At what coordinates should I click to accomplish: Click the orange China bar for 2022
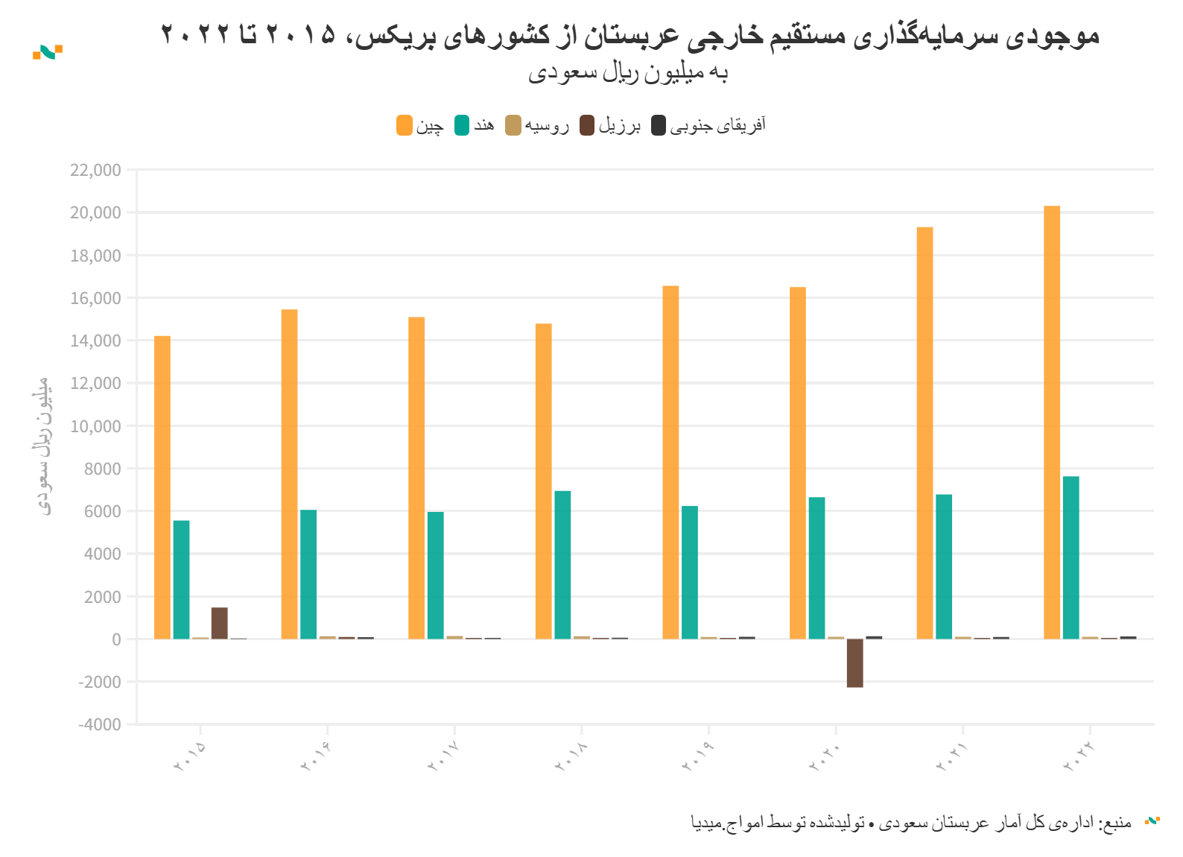tap(1052, 422)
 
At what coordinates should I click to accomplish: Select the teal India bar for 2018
tap(562, 565)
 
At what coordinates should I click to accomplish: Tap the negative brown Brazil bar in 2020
tap(854, 662)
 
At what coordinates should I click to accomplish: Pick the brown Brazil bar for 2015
tap(219, 623)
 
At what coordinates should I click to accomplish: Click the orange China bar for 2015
tap(162, 487)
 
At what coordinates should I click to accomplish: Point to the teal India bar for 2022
tap(1071, 557)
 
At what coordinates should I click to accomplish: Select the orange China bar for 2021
tap(924, 433)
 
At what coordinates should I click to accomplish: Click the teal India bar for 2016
tap(308, 574)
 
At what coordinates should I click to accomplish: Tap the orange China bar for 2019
tap(670, 462)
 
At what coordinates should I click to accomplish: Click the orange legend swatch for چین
tap(405, 125)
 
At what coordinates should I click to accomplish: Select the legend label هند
tap(483, 125)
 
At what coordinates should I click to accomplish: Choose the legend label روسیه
tap(547, 125)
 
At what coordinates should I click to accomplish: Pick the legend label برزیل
tap(620, 125)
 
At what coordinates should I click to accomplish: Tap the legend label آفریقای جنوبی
tap(717, 125)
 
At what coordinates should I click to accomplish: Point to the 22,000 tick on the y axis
tap(95, 170)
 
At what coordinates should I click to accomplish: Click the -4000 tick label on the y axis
tap(99, 724)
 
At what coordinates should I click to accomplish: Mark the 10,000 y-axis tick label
tap(95, 426)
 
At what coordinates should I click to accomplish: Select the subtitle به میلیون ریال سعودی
tap(628, 73)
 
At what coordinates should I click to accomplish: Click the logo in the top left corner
tap(47, 52)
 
